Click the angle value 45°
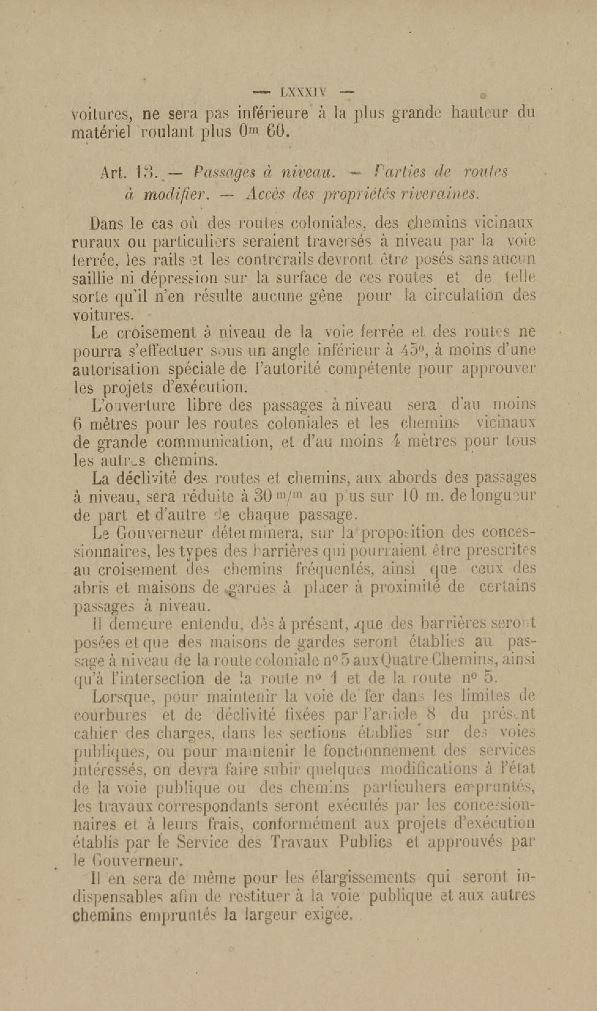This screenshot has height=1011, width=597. (413, 351)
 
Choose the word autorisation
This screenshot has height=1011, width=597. (116, 369)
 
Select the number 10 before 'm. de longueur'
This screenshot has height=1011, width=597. (412, 497)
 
